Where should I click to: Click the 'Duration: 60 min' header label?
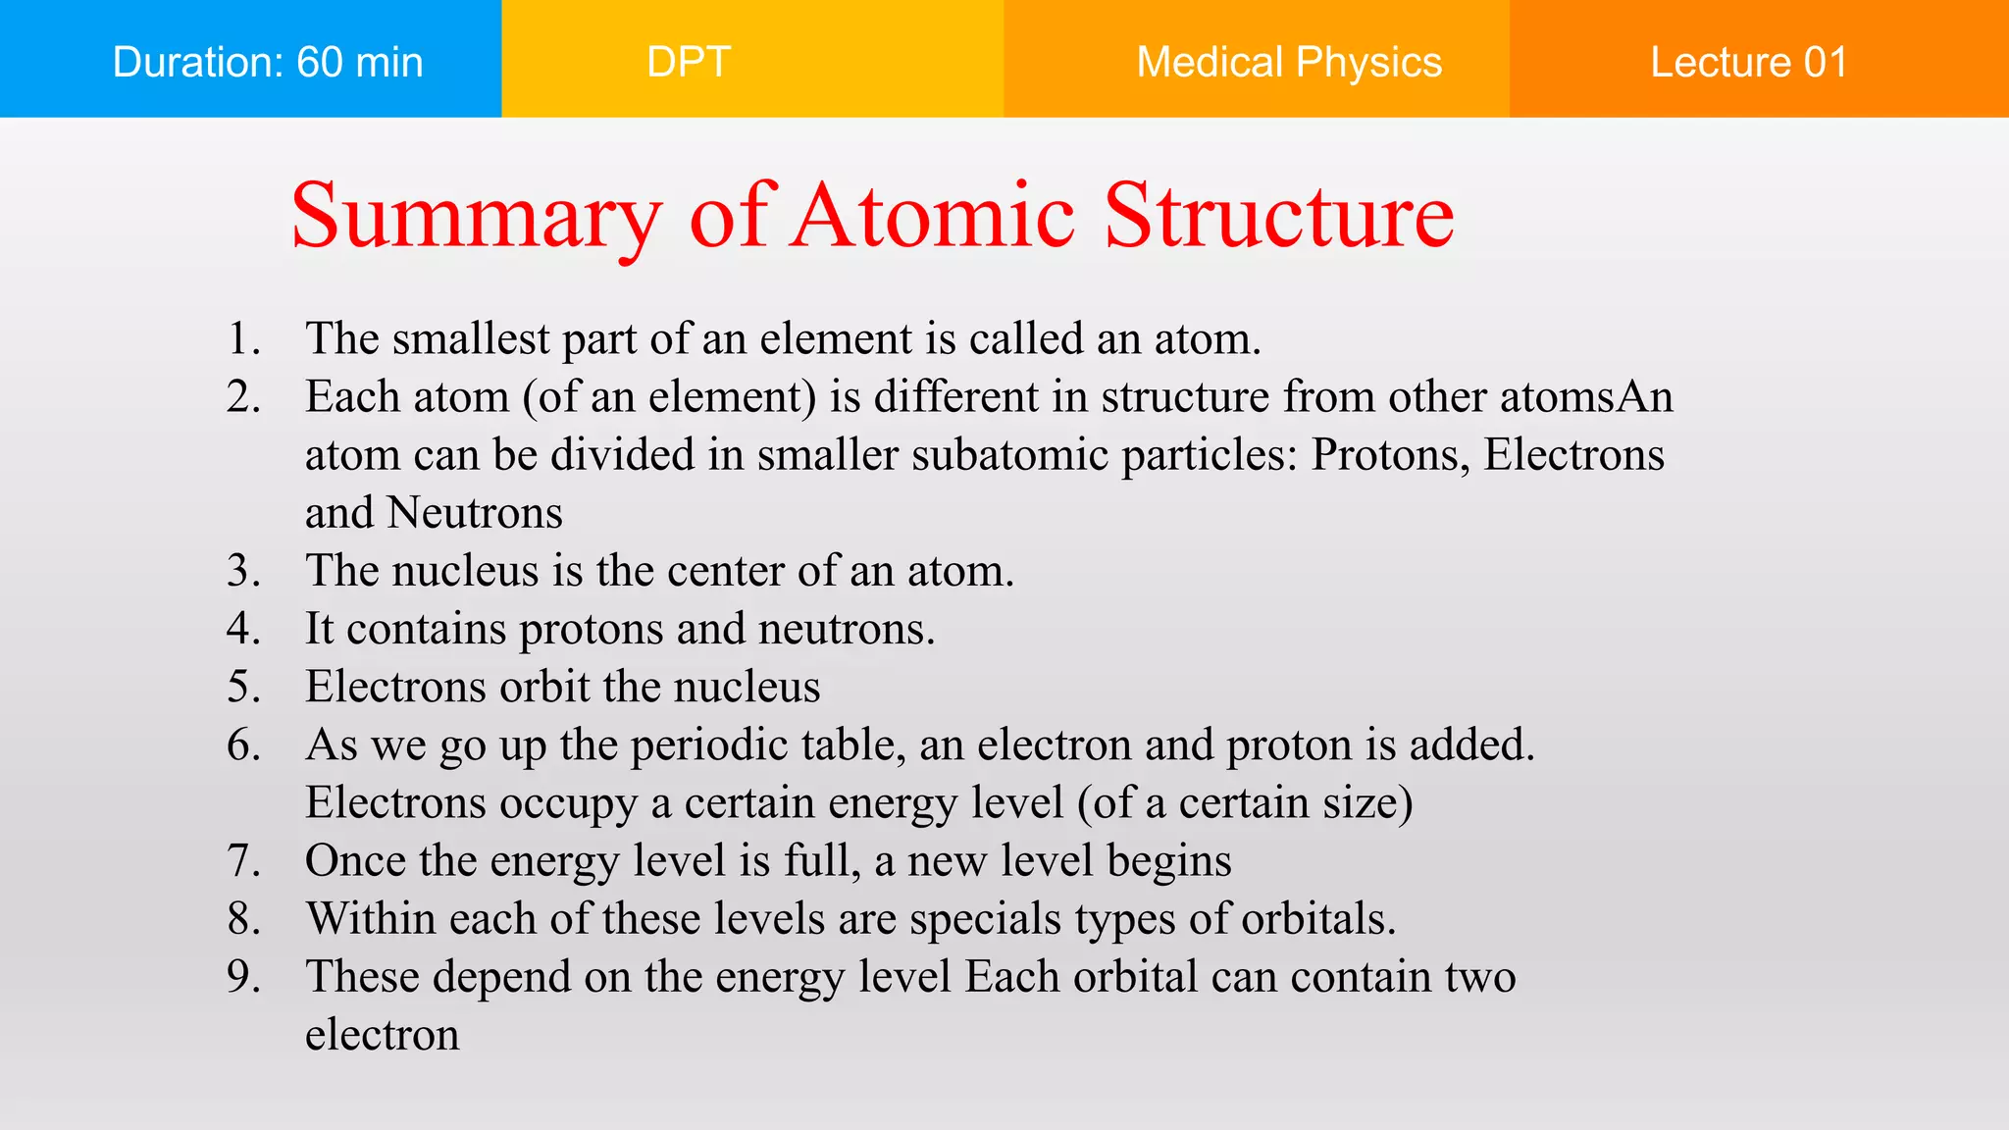pos(267,62)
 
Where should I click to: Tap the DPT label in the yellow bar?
pos(689,62)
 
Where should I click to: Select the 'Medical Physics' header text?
pos(1288,62)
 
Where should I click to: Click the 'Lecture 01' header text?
pos(1748,62)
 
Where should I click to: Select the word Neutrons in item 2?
pos(475,513)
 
